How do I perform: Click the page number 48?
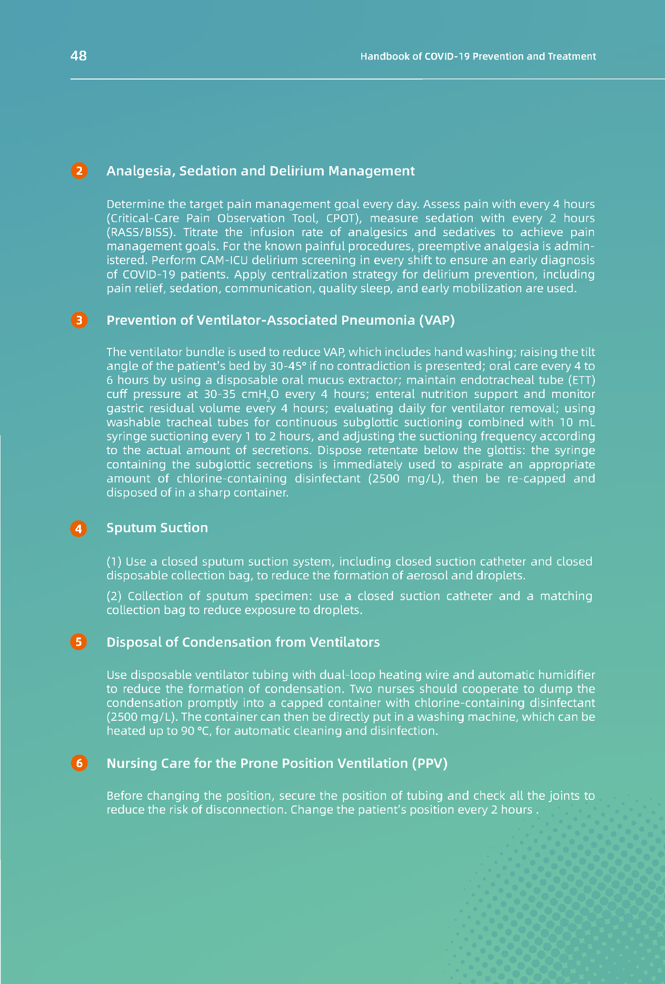click(x=79, y=56)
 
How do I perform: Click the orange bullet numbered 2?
click(x=79, y=171)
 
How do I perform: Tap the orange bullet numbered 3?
click(x=79, y=320)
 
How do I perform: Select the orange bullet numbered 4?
click(x=79, y=529)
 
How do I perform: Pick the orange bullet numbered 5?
click(x=79, y=642)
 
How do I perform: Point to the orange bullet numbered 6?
click(x=79, y=764)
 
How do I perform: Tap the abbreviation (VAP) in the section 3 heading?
click(x=437, y=320)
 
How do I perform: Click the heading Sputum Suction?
click(x=157, y=528)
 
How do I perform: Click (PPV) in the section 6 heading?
click(x=430, y=764)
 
